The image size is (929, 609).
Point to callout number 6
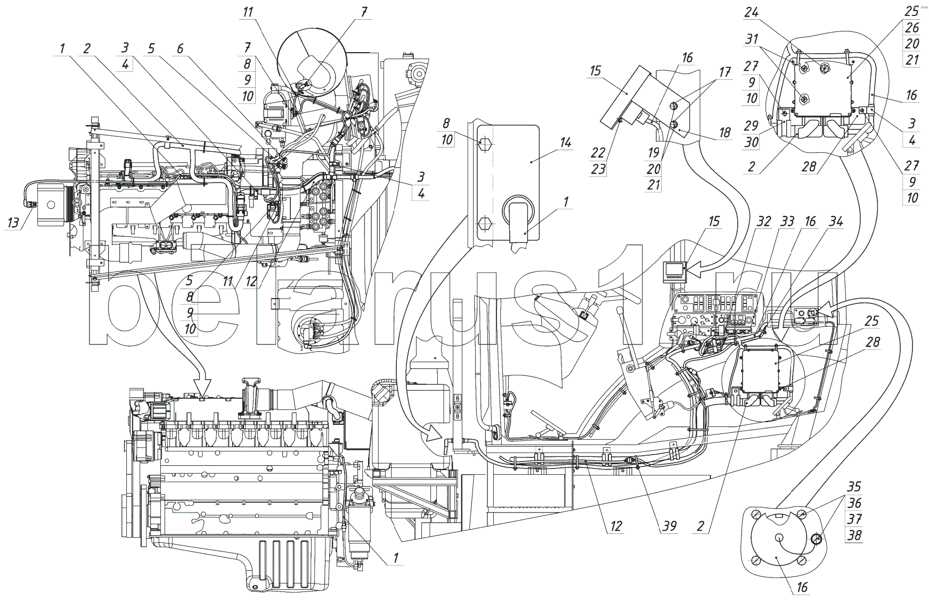(180, 48)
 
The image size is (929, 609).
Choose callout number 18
(725, 133)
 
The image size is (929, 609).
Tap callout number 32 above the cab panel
(764, 221)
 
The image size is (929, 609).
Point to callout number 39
(670, 526)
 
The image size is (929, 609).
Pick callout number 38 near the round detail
(854, 534)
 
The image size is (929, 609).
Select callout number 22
(597, 152)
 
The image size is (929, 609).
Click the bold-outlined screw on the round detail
(816, 540)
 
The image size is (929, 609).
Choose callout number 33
(787, 221)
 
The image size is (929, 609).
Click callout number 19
(653, 153)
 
